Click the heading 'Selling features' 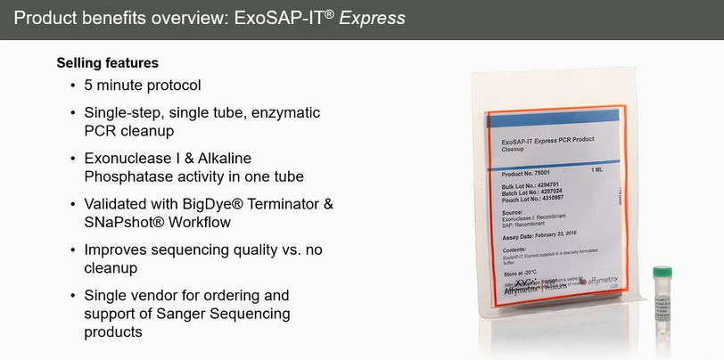tap(108, 63)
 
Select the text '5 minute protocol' tap(143, 86)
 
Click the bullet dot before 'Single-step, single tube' tap(73, 114)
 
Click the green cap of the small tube tap(661, 272)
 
